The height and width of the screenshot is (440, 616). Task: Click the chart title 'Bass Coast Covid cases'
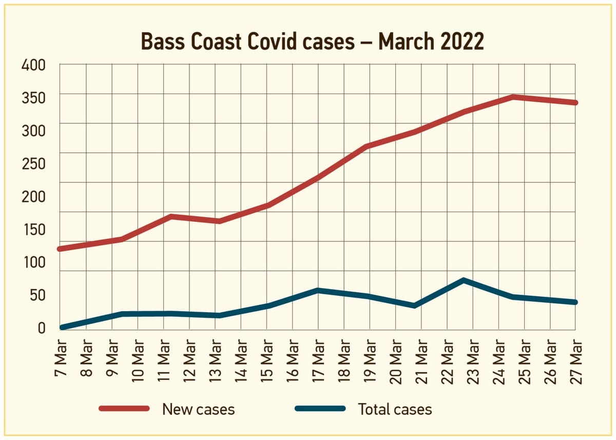[x=247, y=42]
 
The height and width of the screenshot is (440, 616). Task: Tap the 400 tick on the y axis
[x=33, y=65]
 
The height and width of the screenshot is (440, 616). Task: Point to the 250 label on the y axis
[x=33, y=164]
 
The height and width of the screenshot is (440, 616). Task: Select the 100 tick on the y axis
[x=33, y=262]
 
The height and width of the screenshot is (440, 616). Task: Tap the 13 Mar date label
[x=216, y=361]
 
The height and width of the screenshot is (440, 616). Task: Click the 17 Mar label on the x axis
[x=319, y=361]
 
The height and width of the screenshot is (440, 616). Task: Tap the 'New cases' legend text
[x=198, y=409]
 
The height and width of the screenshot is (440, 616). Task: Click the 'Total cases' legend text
[x=395, y=409]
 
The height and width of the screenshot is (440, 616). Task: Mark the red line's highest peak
[x=513, y=97]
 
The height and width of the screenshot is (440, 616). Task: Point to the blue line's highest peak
[x=463, y=280]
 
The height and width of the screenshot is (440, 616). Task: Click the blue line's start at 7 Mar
[x=62, y=328]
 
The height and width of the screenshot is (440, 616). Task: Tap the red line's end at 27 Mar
[x=575, y=103]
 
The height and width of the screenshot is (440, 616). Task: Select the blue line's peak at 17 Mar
[x=318, y=291]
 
